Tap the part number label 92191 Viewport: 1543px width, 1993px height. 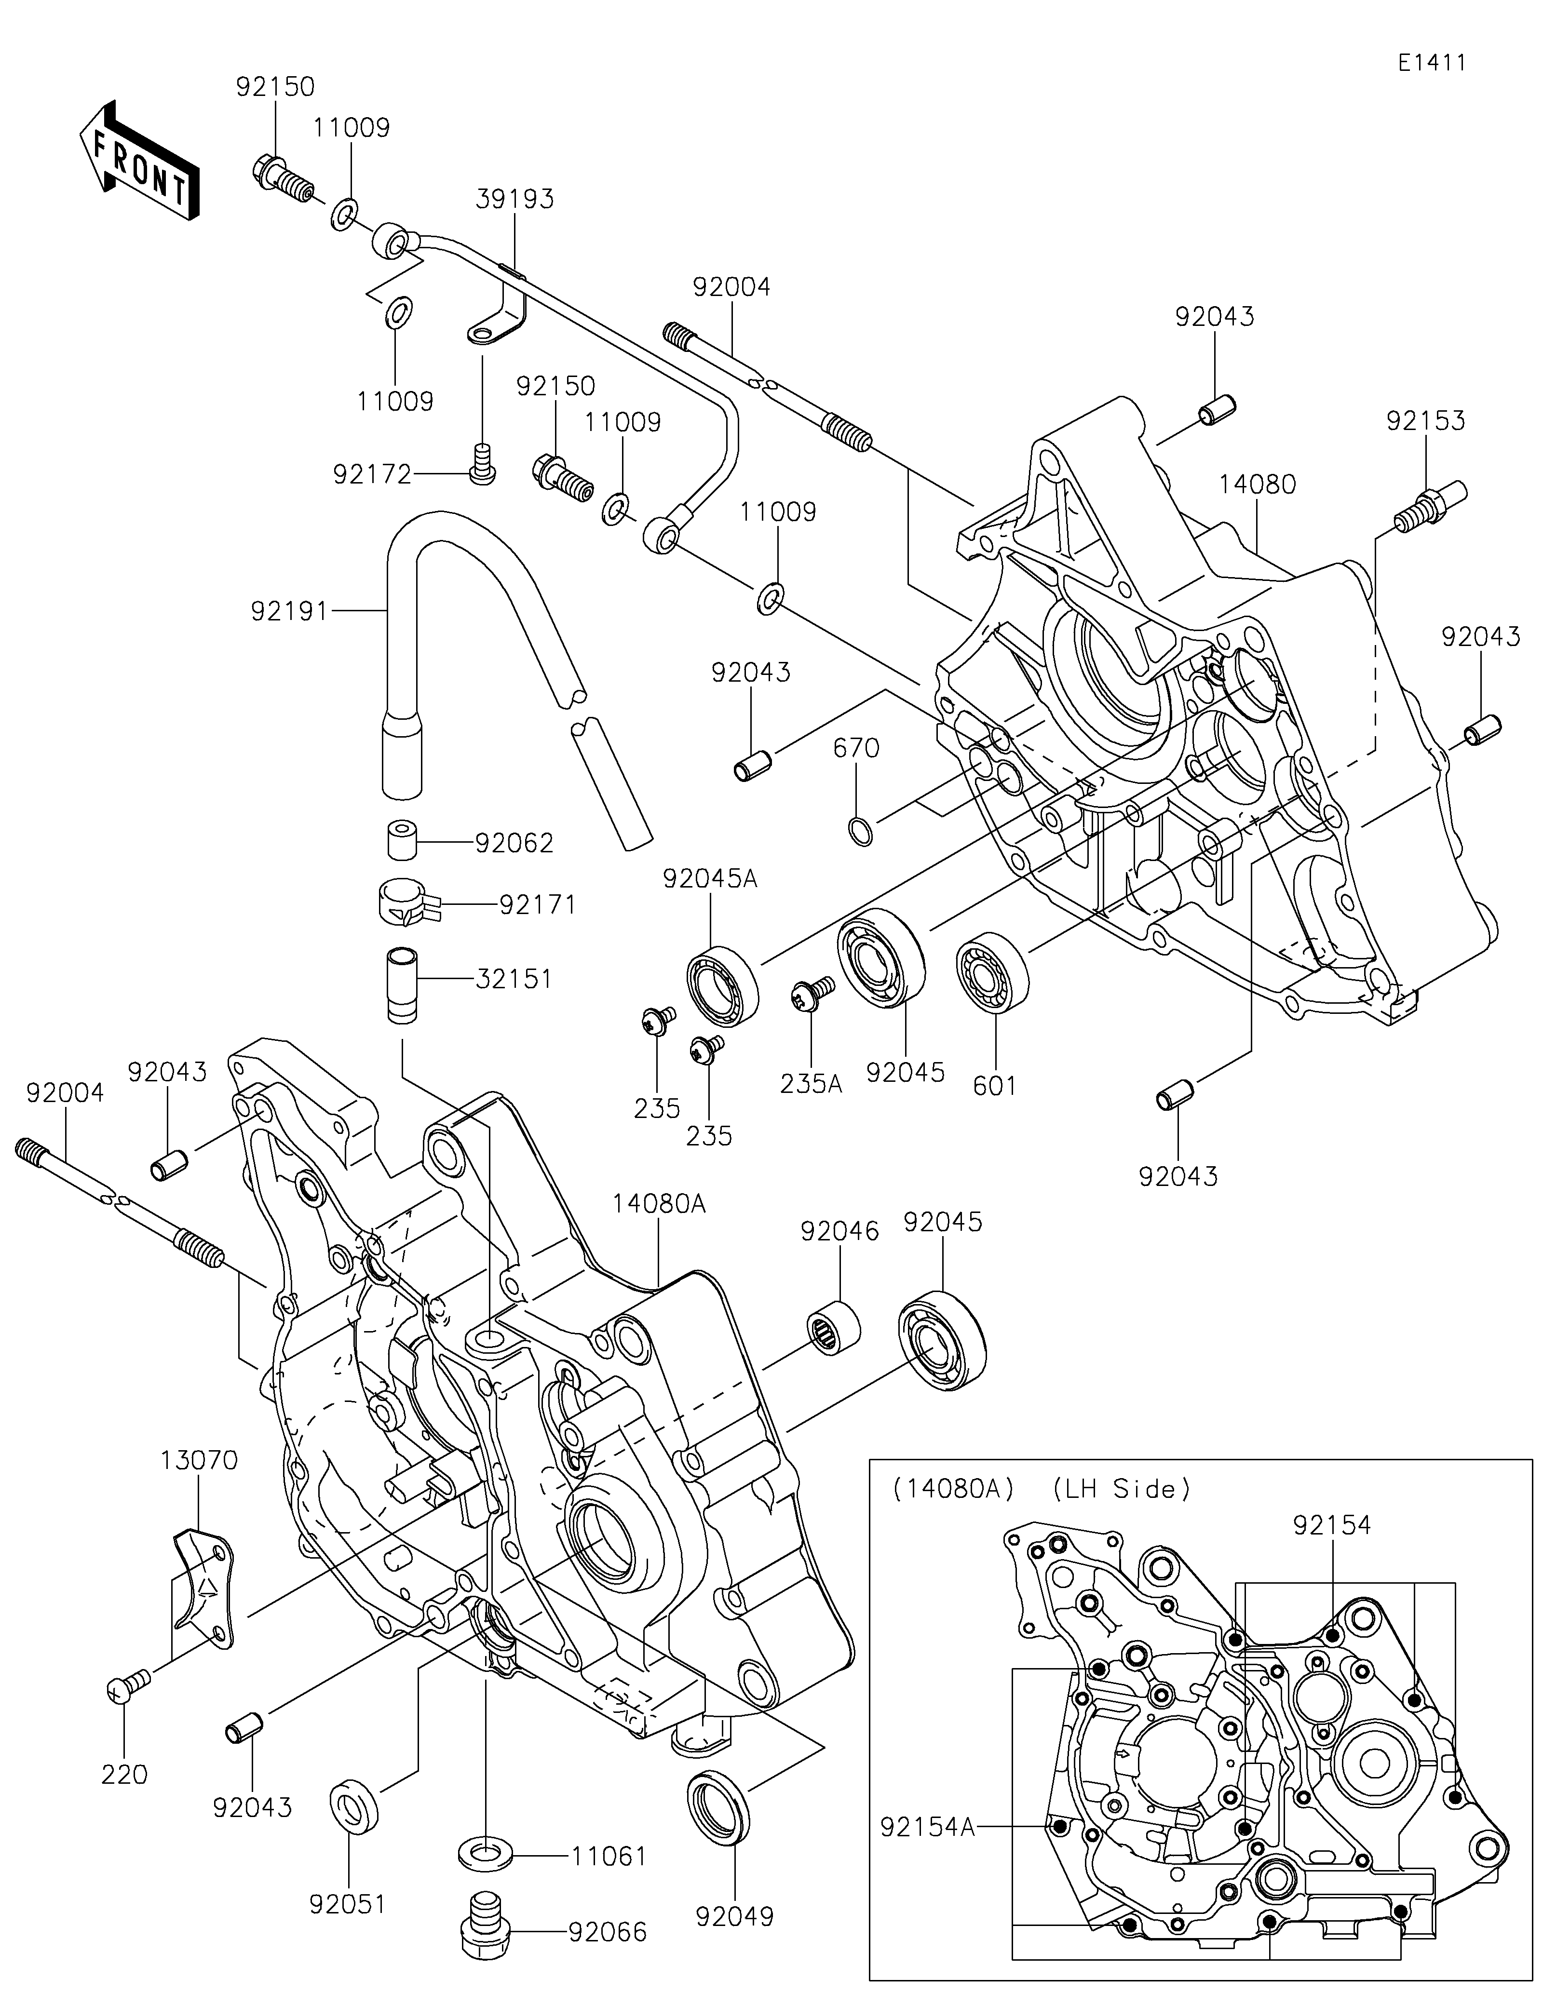pos(289,611)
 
